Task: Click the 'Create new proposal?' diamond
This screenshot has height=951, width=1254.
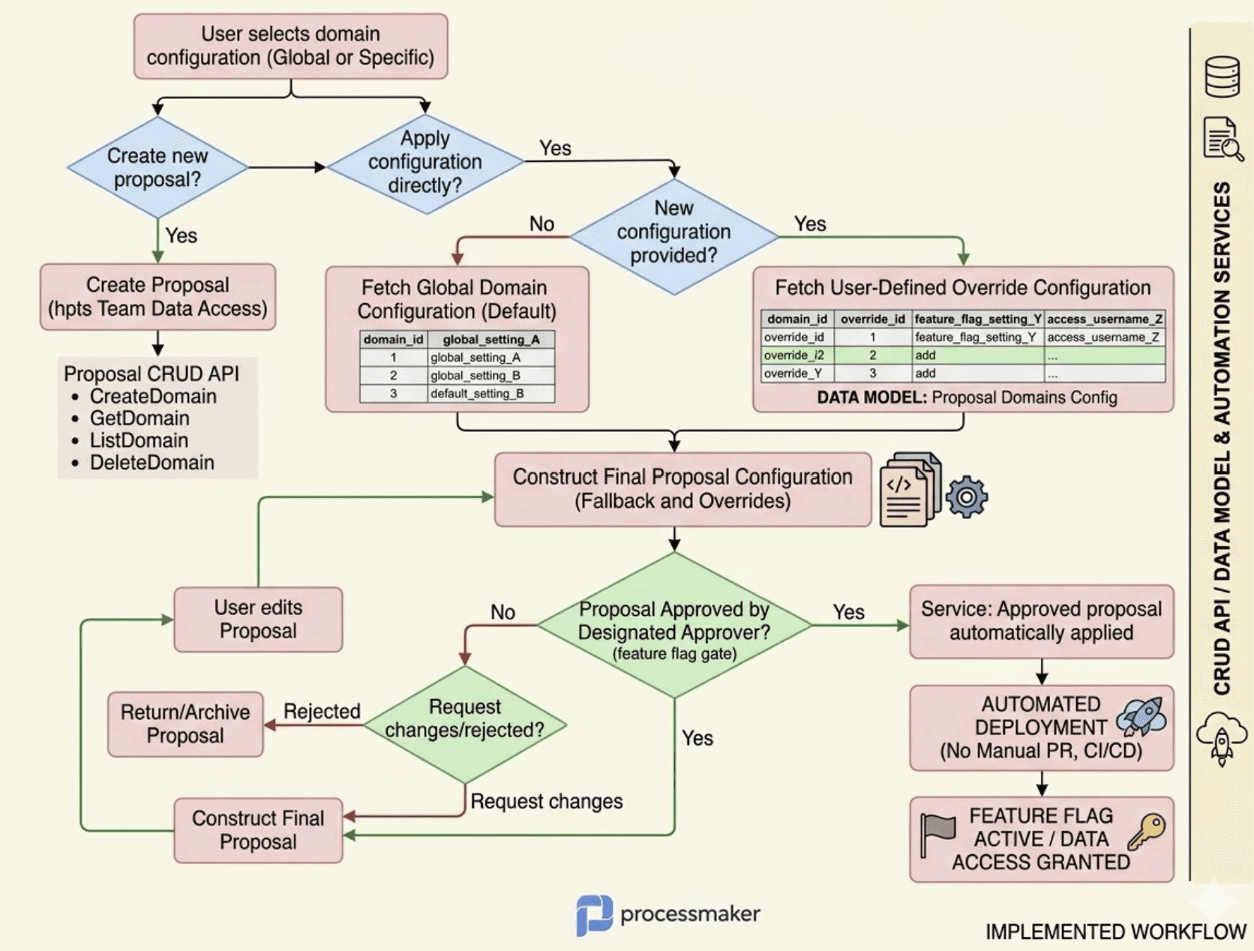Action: [x=157, y=167]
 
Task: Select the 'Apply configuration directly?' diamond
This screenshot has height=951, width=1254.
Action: [x=424, y=162]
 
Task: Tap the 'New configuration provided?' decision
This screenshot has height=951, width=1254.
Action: [x=673, y=232]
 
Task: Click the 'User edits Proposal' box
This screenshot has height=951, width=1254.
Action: [x=258, y=619]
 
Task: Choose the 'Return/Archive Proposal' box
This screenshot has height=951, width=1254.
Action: [x=185, y=724]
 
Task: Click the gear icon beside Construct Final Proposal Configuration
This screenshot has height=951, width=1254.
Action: [x=966, y=496]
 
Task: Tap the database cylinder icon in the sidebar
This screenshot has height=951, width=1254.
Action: [x=1222, y=76]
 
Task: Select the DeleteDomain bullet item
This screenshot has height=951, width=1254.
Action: [x=151, y=463]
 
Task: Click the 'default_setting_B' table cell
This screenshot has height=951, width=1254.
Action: [x=477, y=394]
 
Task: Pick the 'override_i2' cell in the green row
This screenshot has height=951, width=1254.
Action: [x=794, y=355]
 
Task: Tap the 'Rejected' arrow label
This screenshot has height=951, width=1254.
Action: [x=322, y=711]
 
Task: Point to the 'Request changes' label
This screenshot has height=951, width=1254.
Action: [x=546, y=802]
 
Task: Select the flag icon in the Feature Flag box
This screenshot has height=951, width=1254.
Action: [x=937, y=832]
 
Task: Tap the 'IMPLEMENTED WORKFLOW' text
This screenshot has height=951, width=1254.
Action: [x=1115, y=932]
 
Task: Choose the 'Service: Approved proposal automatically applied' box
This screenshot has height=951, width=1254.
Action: [x=1041, y=621]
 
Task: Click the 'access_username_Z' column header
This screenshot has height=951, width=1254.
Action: [x=1104, y=319]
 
